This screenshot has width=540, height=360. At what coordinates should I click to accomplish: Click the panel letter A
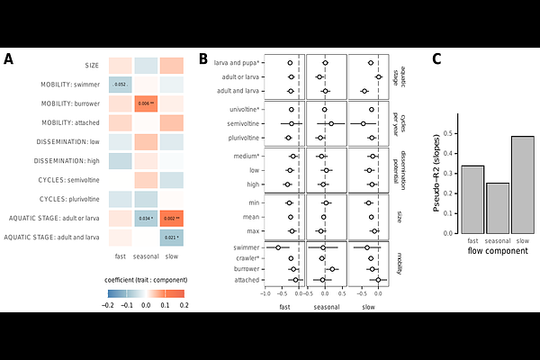8,59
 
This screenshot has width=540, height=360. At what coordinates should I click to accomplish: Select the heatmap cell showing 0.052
120,85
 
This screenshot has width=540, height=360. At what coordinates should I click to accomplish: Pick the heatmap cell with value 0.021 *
170,238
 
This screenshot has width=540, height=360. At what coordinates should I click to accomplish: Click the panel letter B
203,59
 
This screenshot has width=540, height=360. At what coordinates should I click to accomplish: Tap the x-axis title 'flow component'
498,250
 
